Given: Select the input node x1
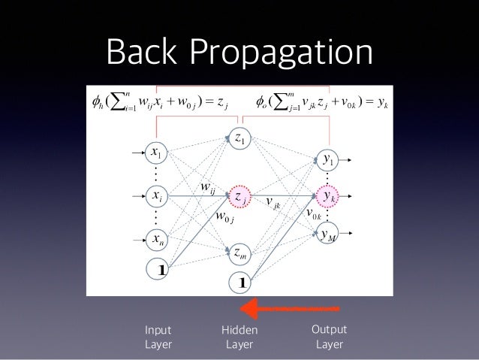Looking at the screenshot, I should pyautogui.click(x=157, y=153).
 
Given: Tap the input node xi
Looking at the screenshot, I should pyautogui.click(x=157, y=196).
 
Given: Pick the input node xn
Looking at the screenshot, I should pyautogui.click(x=157, y=240).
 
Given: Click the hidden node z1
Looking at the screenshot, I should pyautogui.click(x=241, y=138).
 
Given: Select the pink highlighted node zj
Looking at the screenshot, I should pyautogui.click(x=241, y=196).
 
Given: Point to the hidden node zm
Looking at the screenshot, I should pyautogui.click(x=241, y=253).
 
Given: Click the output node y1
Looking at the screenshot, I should pyautogui.click(x=328, y=159).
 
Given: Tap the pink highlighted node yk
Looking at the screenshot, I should pyautogui.click(x=328, y=197).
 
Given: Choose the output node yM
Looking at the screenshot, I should pyautogui.click(x=328, y=235).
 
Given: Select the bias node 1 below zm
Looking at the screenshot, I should pyautogui.click(x=242, y=283).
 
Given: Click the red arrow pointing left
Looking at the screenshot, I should pyautogui.click(x=289, y=307).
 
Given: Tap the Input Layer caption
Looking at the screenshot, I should pyautogui.click(x=158, y=337).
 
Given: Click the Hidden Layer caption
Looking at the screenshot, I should pyautogui.click(x=239, y=337).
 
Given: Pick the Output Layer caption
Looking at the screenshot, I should pyautogui.click(x=329, y=337).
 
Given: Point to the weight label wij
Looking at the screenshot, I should pyautogui.click(x=206, y=186).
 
